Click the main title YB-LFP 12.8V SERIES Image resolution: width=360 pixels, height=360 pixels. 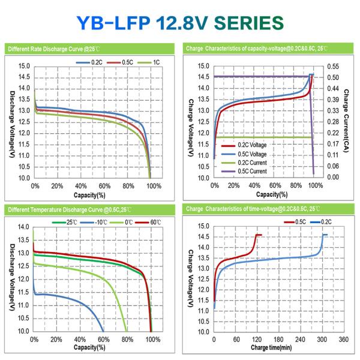point(180,22)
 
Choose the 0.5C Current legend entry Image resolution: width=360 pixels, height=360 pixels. point(247,172)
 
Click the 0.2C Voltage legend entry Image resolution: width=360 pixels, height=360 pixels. point(247,145)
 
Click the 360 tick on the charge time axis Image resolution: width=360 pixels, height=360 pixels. point(343,340)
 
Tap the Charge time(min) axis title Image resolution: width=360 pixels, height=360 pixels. point(271,347)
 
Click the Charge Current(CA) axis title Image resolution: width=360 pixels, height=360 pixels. point(347,120)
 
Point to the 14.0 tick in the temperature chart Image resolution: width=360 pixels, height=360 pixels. point(23,227)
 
